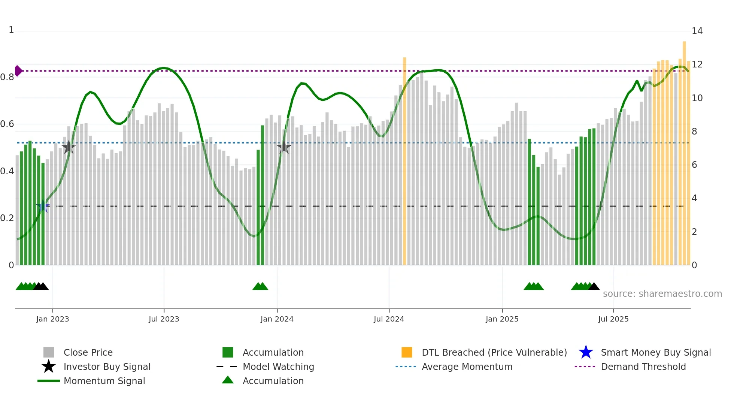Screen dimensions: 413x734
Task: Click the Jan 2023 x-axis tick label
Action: [52, 319]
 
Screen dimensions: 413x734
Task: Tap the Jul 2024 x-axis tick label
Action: [389, 319]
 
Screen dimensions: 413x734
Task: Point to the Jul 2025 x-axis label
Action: [613, 319]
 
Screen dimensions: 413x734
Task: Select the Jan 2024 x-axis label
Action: [277, 319]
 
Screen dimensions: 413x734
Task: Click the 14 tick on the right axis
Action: [697, 31]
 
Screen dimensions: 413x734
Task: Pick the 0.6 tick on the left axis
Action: [7, 124]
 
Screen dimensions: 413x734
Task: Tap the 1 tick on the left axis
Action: [11, 30]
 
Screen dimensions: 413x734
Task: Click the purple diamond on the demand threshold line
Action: [18, 71]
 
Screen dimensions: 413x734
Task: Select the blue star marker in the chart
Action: [43, 206]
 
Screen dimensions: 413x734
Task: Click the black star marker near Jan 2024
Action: [284, 147]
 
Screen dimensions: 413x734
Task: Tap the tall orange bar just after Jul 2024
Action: [404, 161]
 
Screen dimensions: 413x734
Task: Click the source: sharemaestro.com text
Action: [662, 294]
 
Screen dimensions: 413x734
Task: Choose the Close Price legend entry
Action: [88, 352]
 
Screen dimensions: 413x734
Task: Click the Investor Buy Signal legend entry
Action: [107, 367]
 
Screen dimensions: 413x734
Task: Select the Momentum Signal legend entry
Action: [104, 381]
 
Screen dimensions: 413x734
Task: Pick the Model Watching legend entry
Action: [278, 367]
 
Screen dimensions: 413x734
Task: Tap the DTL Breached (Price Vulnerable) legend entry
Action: [494, 352]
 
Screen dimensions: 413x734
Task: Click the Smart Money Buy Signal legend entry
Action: [656, 352]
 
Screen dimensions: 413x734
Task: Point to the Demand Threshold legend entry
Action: [643, 367]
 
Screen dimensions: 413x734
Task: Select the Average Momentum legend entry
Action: [467, 367]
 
